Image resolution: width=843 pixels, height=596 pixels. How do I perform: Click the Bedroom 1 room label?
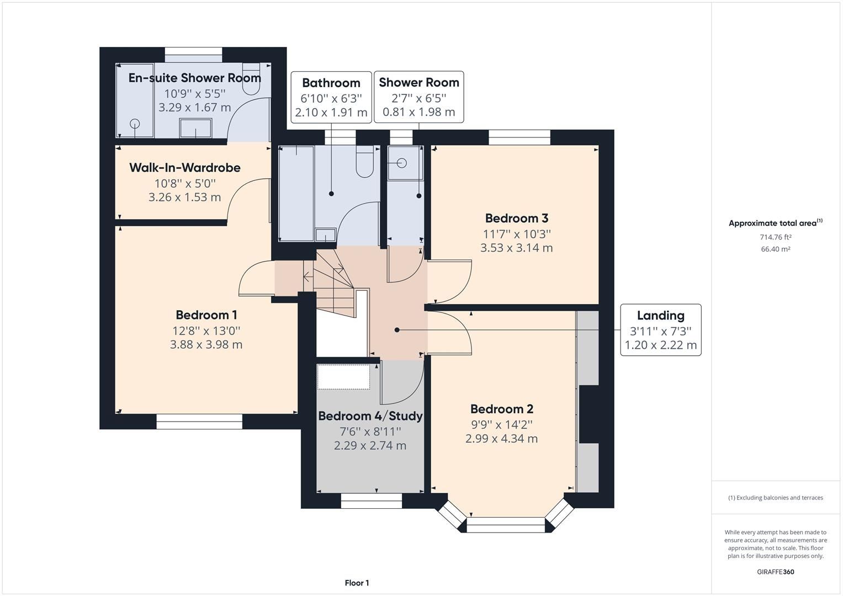click(x=206, y=315)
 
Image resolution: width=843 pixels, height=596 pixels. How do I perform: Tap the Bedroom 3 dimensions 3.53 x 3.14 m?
click(x=516, y=248)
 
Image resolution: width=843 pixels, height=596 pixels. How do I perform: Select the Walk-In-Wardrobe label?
click(x=184, y=168)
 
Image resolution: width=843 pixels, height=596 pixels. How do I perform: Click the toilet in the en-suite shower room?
click(x=251, y=81)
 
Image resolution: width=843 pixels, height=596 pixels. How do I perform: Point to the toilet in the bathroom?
click(x=364, y=161)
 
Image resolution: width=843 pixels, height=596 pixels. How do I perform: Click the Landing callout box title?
click(x=660, y=316)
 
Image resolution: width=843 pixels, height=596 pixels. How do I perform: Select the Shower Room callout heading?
click(x=418, y=83)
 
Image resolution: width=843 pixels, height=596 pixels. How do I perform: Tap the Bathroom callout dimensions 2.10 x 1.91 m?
click(x=331, y=113)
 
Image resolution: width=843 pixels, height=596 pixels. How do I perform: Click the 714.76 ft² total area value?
click(x=775, y=237)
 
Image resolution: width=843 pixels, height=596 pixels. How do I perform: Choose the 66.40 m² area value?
click(x=775, y=249)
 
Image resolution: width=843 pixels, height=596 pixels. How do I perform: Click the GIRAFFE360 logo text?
click(x=775, y=572)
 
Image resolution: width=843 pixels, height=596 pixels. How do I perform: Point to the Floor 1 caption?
click(x=357, y=583)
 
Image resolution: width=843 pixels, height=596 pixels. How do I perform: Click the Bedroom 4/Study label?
click(x=370, y=416)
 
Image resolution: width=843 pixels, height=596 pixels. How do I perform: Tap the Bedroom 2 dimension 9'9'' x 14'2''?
click(x=501, y=424)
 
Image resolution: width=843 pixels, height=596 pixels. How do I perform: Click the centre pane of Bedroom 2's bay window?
click(x=506, y=524)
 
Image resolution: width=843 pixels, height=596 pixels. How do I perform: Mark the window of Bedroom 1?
click(x=199, y=422)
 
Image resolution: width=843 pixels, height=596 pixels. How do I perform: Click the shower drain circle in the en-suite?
click(x=135, y=124)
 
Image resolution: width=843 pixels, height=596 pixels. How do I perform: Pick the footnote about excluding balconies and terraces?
click(x=775, y=498)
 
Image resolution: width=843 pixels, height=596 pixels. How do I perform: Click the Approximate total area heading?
click(x=775, y=223)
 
